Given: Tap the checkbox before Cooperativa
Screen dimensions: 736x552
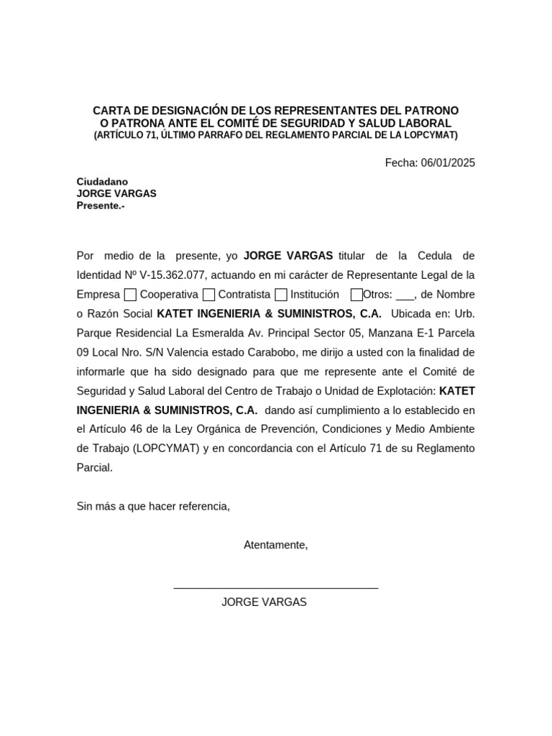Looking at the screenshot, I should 130,294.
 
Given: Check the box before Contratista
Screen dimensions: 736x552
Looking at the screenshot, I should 208,294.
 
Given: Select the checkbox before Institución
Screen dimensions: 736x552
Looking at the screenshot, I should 281,294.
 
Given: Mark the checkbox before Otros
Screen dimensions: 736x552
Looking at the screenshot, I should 356,294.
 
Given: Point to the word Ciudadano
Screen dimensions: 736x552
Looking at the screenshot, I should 102,182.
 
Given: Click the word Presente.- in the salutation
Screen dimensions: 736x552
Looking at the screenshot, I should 101,206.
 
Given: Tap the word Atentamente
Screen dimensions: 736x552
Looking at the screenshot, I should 275,545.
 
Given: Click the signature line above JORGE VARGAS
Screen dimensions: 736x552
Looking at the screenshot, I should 276,589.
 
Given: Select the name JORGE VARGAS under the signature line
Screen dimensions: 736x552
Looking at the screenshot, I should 264,602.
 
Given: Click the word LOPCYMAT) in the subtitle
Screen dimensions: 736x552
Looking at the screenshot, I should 431,135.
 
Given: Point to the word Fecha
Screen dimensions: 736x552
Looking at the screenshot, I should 400,162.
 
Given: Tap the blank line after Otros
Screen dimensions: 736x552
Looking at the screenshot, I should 405,295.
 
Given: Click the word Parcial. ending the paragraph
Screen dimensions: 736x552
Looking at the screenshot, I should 95,467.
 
